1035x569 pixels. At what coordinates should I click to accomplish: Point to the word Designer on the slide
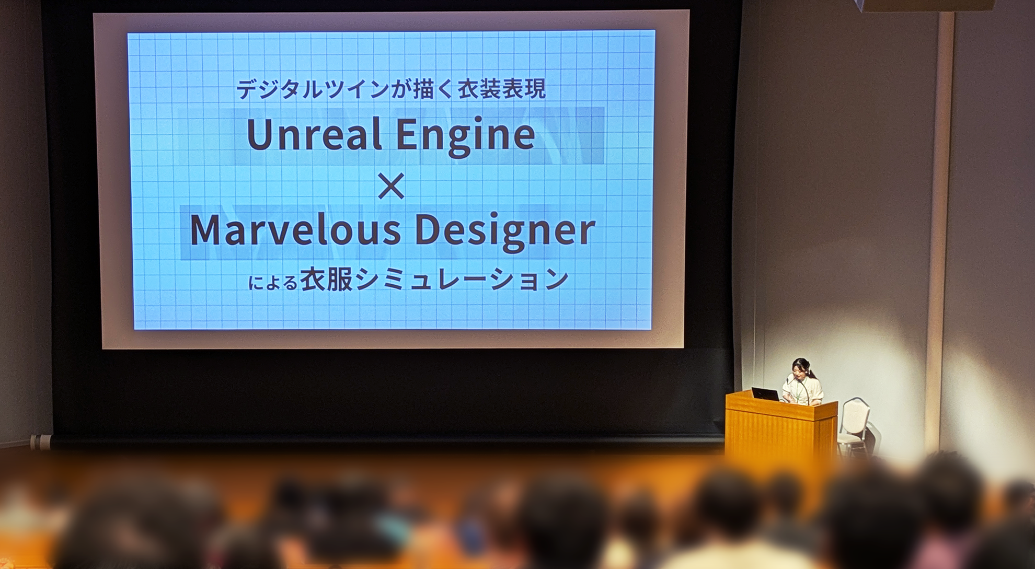(x=505, y=232)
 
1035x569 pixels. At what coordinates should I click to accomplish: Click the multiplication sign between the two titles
(x=391, y=186)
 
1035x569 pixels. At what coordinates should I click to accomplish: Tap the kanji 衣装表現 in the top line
(x=501, y=89)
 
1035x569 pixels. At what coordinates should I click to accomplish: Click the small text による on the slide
(x=272, y=283)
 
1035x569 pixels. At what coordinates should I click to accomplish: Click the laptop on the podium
(x=765, y=394)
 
